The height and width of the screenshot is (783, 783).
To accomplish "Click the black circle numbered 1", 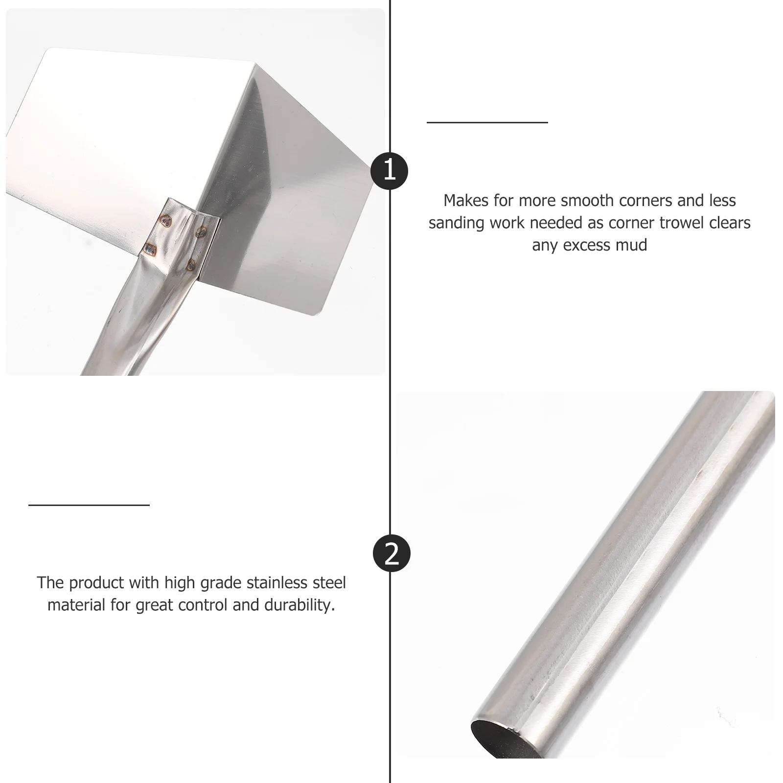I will point(390,171).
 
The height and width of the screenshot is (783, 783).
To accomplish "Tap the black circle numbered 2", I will point(391,554).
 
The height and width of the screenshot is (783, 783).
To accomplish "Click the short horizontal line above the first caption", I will point(487,122).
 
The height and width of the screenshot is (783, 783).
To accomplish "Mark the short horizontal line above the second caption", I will point(89,505).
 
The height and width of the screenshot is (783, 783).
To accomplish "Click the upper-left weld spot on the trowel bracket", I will point(166,221).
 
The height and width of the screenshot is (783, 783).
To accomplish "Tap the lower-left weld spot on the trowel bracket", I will point(147,250).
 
